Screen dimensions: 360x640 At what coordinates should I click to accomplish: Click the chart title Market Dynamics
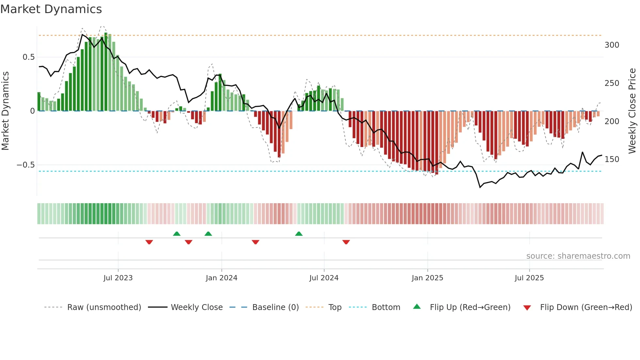pyautogui.click(x=51, y=9)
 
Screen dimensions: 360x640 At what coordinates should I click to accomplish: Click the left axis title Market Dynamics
pyautogui.click(x=5, y=111)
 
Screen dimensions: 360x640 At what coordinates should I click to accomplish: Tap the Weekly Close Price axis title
pyautogui.click(x=632, y=111)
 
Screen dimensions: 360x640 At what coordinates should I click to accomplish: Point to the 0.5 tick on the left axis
pyautogui.click(x=28, y=57)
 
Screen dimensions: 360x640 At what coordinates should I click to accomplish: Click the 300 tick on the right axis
pyautogui.click(x=612, y=45)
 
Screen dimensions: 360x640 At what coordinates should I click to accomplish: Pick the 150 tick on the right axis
pyautogui.click(x=612, y=159)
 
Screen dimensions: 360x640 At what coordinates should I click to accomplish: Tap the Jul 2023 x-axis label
pyautogui.click(x=118, y=278)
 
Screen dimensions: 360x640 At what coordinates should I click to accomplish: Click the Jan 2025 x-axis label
pyautogui.click(x=427, y=278)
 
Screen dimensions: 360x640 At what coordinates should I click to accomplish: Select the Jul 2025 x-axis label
pyautogui.click(x=529, y=278)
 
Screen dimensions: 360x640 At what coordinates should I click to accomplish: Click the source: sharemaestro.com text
pyautogui.click(x=578, y=256)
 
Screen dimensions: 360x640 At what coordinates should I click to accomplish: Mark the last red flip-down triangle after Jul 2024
pyautogui.click(x=346, y=242)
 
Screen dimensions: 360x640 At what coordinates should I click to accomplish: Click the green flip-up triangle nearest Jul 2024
pyautogui.click(x=299, y=234)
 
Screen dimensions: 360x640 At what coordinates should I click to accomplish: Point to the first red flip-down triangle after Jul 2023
pyautogui.click(x=149, y=242)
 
